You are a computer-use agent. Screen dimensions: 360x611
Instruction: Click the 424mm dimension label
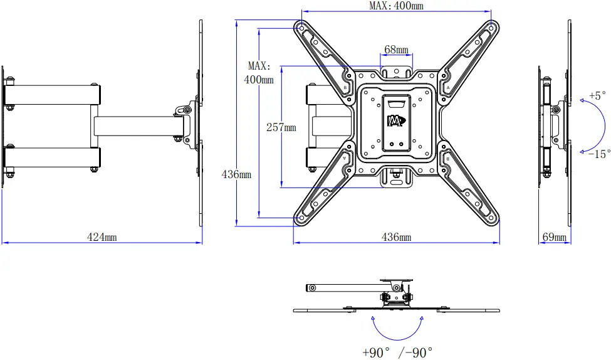tap(102, 237)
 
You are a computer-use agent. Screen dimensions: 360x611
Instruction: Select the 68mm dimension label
tap(396, 49)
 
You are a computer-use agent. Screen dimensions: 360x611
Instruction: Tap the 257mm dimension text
tap(281, 127)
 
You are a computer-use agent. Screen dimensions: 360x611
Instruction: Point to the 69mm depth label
tap(553, 237)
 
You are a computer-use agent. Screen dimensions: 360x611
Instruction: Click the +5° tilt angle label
tap(598, 96)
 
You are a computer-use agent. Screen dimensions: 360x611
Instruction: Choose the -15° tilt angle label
tap(599, 154)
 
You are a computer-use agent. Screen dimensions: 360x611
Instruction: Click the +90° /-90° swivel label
tap(397, 352)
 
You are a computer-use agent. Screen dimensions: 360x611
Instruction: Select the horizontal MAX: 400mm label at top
tap(395, 6)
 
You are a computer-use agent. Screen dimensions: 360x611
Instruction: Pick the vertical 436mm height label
tap(236, 174)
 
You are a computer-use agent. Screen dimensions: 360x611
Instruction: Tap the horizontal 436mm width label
tap(396, 237)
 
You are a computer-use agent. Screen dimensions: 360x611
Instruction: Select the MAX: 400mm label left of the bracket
tap(259, 72)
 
